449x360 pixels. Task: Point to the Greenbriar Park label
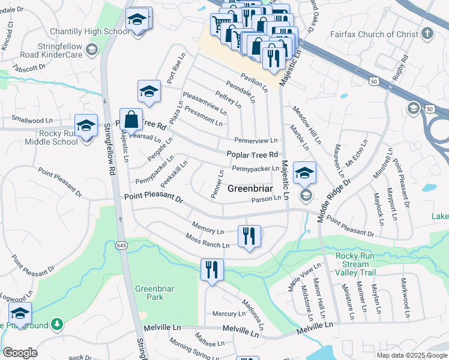point(149,293)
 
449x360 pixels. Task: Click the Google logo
point(20,353)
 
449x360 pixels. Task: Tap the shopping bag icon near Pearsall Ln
point(131,119)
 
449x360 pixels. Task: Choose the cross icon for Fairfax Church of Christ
point(427,33)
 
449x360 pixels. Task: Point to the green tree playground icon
point(57,325)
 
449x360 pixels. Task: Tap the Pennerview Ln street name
point(256,140)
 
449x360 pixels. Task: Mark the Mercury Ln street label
point(229,314)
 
